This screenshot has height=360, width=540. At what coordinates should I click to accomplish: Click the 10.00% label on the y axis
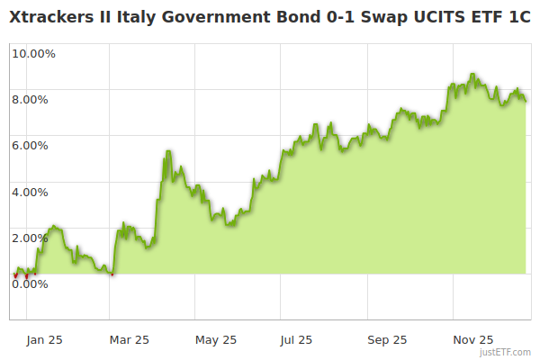pyautogui.click(x=33, y=53)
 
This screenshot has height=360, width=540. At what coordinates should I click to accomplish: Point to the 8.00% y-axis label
pyautogui.click(x=30, y=99)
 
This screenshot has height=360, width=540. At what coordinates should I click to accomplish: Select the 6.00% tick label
pyautogui.click(x=30, y=145)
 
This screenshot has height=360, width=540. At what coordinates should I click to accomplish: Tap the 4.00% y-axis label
pyautogui.click(x=30, y=192)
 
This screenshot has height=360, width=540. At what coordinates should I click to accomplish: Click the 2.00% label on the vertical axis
pyautogui.click(x=30, y=238)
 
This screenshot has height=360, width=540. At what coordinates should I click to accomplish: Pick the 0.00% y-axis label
pyautogui.click(x=30, y=284)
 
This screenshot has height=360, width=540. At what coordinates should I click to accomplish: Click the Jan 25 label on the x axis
pyautogui.click(x=44, y=339)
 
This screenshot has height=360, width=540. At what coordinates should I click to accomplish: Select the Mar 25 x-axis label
pyautogui.click(x=129, y=339)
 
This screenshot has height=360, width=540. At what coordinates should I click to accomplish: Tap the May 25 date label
pyautogui.click(x=216, y=339)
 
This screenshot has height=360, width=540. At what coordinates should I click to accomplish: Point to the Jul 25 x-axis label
pyautogui.click(x=297, y=339)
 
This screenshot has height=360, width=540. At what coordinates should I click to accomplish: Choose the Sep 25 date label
pyautogui.click(x=387, y=339)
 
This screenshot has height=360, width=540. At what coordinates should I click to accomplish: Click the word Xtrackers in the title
pyautogui.click(x=57, y=17)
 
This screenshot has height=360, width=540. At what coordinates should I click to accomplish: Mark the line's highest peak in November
pyautogui.click(x=472, y=75)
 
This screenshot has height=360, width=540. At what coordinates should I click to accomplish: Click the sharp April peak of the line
pyautogui.click(x=167, y=151)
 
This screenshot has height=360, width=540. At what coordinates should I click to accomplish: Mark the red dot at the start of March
pyautogui.click(x=112, y=274)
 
